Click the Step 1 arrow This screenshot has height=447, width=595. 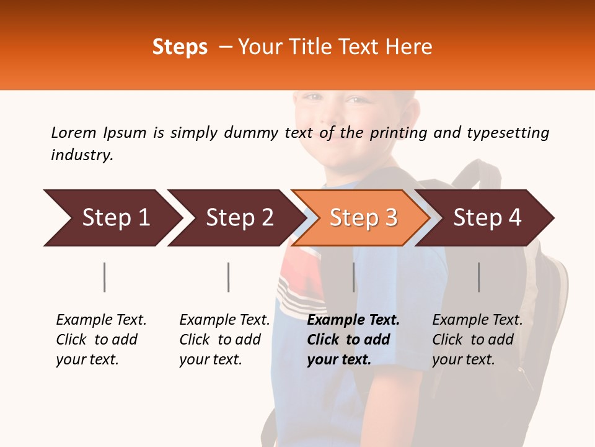click(112, 218)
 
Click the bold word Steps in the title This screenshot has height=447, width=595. click(180, 47)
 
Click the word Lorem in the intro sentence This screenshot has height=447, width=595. click(73, 132)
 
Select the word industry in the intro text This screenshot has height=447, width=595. click(82, 155)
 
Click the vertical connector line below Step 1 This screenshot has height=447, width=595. click(105, 277)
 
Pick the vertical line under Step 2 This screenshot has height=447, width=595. click(229, 277)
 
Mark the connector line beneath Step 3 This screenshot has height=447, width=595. click(354, 277)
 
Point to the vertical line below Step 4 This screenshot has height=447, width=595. click(479, 277)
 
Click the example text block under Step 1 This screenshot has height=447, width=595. click(101, 340)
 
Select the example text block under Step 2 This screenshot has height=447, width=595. click(224, 340)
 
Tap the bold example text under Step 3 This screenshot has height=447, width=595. click(353, 340)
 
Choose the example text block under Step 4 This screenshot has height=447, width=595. click(477, 340)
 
